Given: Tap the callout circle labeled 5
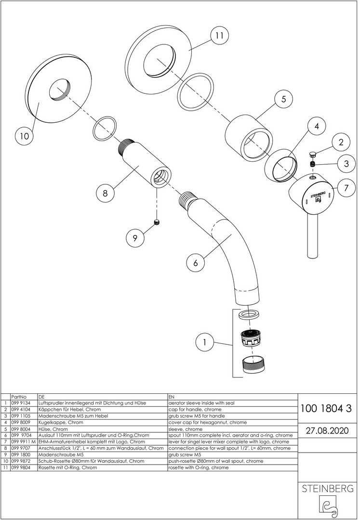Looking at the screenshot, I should [x=283, y=100].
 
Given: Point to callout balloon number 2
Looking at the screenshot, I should [x=341, y=142].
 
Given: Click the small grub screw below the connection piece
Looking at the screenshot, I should [x=156, y=222].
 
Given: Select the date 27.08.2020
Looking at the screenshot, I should [x=325, y=429].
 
